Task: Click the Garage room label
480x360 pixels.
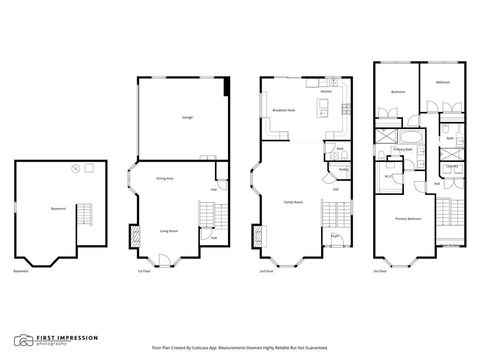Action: coord(187,117)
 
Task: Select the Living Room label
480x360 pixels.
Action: coord(170,230)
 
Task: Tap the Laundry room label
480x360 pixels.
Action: coord(450,166)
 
